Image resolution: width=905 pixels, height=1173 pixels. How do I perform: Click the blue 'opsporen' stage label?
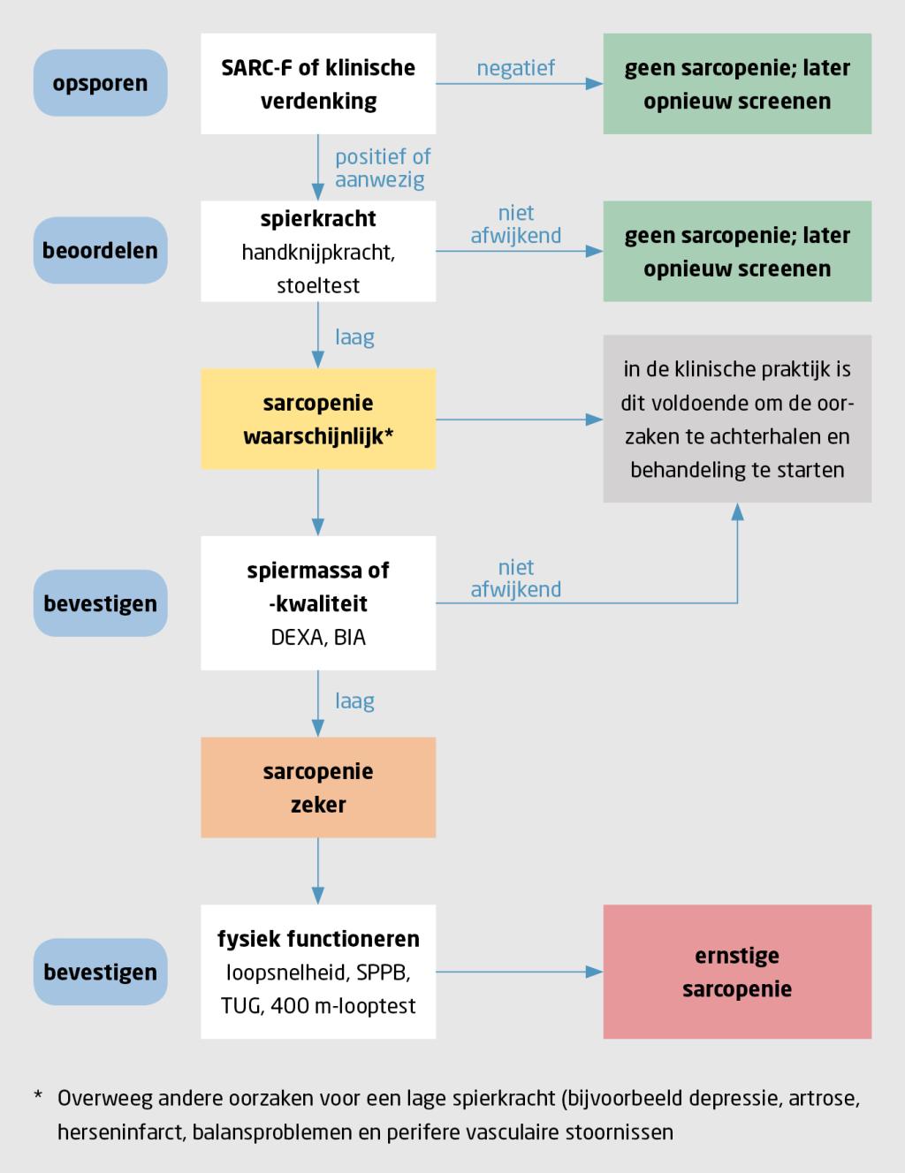click(100, 84)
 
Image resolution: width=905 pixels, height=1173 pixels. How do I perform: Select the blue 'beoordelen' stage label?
click(100, 251)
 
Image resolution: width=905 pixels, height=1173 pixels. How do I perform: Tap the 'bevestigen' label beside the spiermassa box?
click(100, 604)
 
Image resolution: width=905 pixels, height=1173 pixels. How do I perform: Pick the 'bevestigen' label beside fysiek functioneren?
click(100, 972)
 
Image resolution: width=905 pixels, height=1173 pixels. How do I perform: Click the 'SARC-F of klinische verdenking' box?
click(318, 84)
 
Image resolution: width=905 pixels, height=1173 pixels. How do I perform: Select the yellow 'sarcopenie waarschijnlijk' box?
click(318, 419)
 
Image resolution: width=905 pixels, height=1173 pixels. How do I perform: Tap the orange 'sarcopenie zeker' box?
click(318, 788)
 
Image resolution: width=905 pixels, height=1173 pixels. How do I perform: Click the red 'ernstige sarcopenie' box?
click(737, 972)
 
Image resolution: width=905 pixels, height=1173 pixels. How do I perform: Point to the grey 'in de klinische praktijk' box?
click(737, 419)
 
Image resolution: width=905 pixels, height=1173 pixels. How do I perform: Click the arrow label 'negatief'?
click(516, 68)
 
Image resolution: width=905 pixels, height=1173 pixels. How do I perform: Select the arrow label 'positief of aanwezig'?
click(382, 168)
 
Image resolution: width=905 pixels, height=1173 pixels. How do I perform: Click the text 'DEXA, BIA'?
click(318, 638)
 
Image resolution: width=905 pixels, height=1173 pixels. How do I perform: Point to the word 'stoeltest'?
click(318, 285)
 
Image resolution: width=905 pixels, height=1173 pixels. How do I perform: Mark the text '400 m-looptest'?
click(343, 1006)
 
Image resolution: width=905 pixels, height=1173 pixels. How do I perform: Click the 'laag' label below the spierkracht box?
click(354, 337)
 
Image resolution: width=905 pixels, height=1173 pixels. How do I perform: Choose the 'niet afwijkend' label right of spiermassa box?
click(516, 579)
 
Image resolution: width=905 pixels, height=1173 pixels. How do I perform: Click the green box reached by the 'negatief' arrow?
click(737, 84)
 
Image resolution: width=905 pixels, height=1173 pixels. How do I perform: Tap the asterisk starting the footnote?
click(38, 1098)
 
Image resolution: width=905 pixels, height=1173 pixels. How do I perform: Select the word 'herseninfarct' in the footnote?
click(120, 1131)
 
